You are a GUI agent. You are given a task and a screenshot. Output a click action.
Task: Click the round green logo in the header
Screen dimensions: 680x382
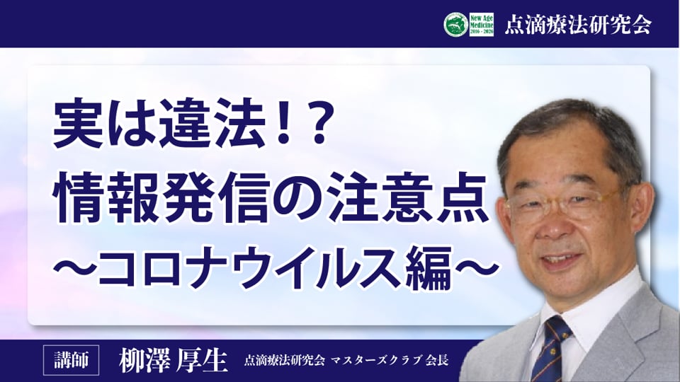point(455,24)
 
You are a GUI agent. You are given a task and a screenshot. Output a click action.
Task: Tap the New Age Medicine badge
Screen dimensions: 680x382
point(482,24)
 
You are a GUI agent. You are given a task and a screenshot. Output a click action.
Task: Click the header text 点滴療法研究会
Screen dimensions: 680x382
point(578,24)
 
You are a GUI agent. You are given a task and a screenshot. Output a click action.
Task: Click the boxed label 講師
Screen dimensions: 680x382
point(71,360)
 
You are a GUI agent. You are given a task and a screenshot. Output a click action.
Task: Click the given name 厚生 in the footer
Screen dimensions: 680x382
point(200,359)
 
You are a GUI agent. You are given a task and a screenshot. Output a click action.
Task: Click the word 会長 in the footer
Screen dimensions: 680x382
point(437,360)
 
